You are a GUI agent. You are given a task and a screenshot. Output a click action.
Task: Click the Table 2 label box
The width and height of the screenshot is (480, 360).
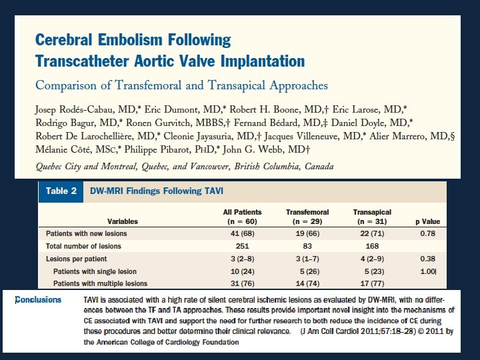click(x=61, y=191)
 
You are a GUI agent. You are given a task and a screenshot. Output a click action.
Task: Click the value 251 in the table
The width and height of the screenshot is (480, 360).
click(x=242, y=247)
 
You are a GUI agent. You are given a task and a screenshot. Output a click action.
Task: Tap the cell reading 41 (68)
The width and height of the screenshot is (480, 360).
click(x=242, y=235)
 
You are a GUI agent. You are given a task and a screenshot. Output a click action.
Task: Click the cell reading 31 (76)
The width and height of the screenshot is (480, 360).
click(x=242, y=283)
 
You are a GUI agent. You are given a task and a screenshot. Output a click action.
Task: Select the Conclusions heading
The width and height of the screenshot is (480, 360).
click(x=38, y=300)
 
